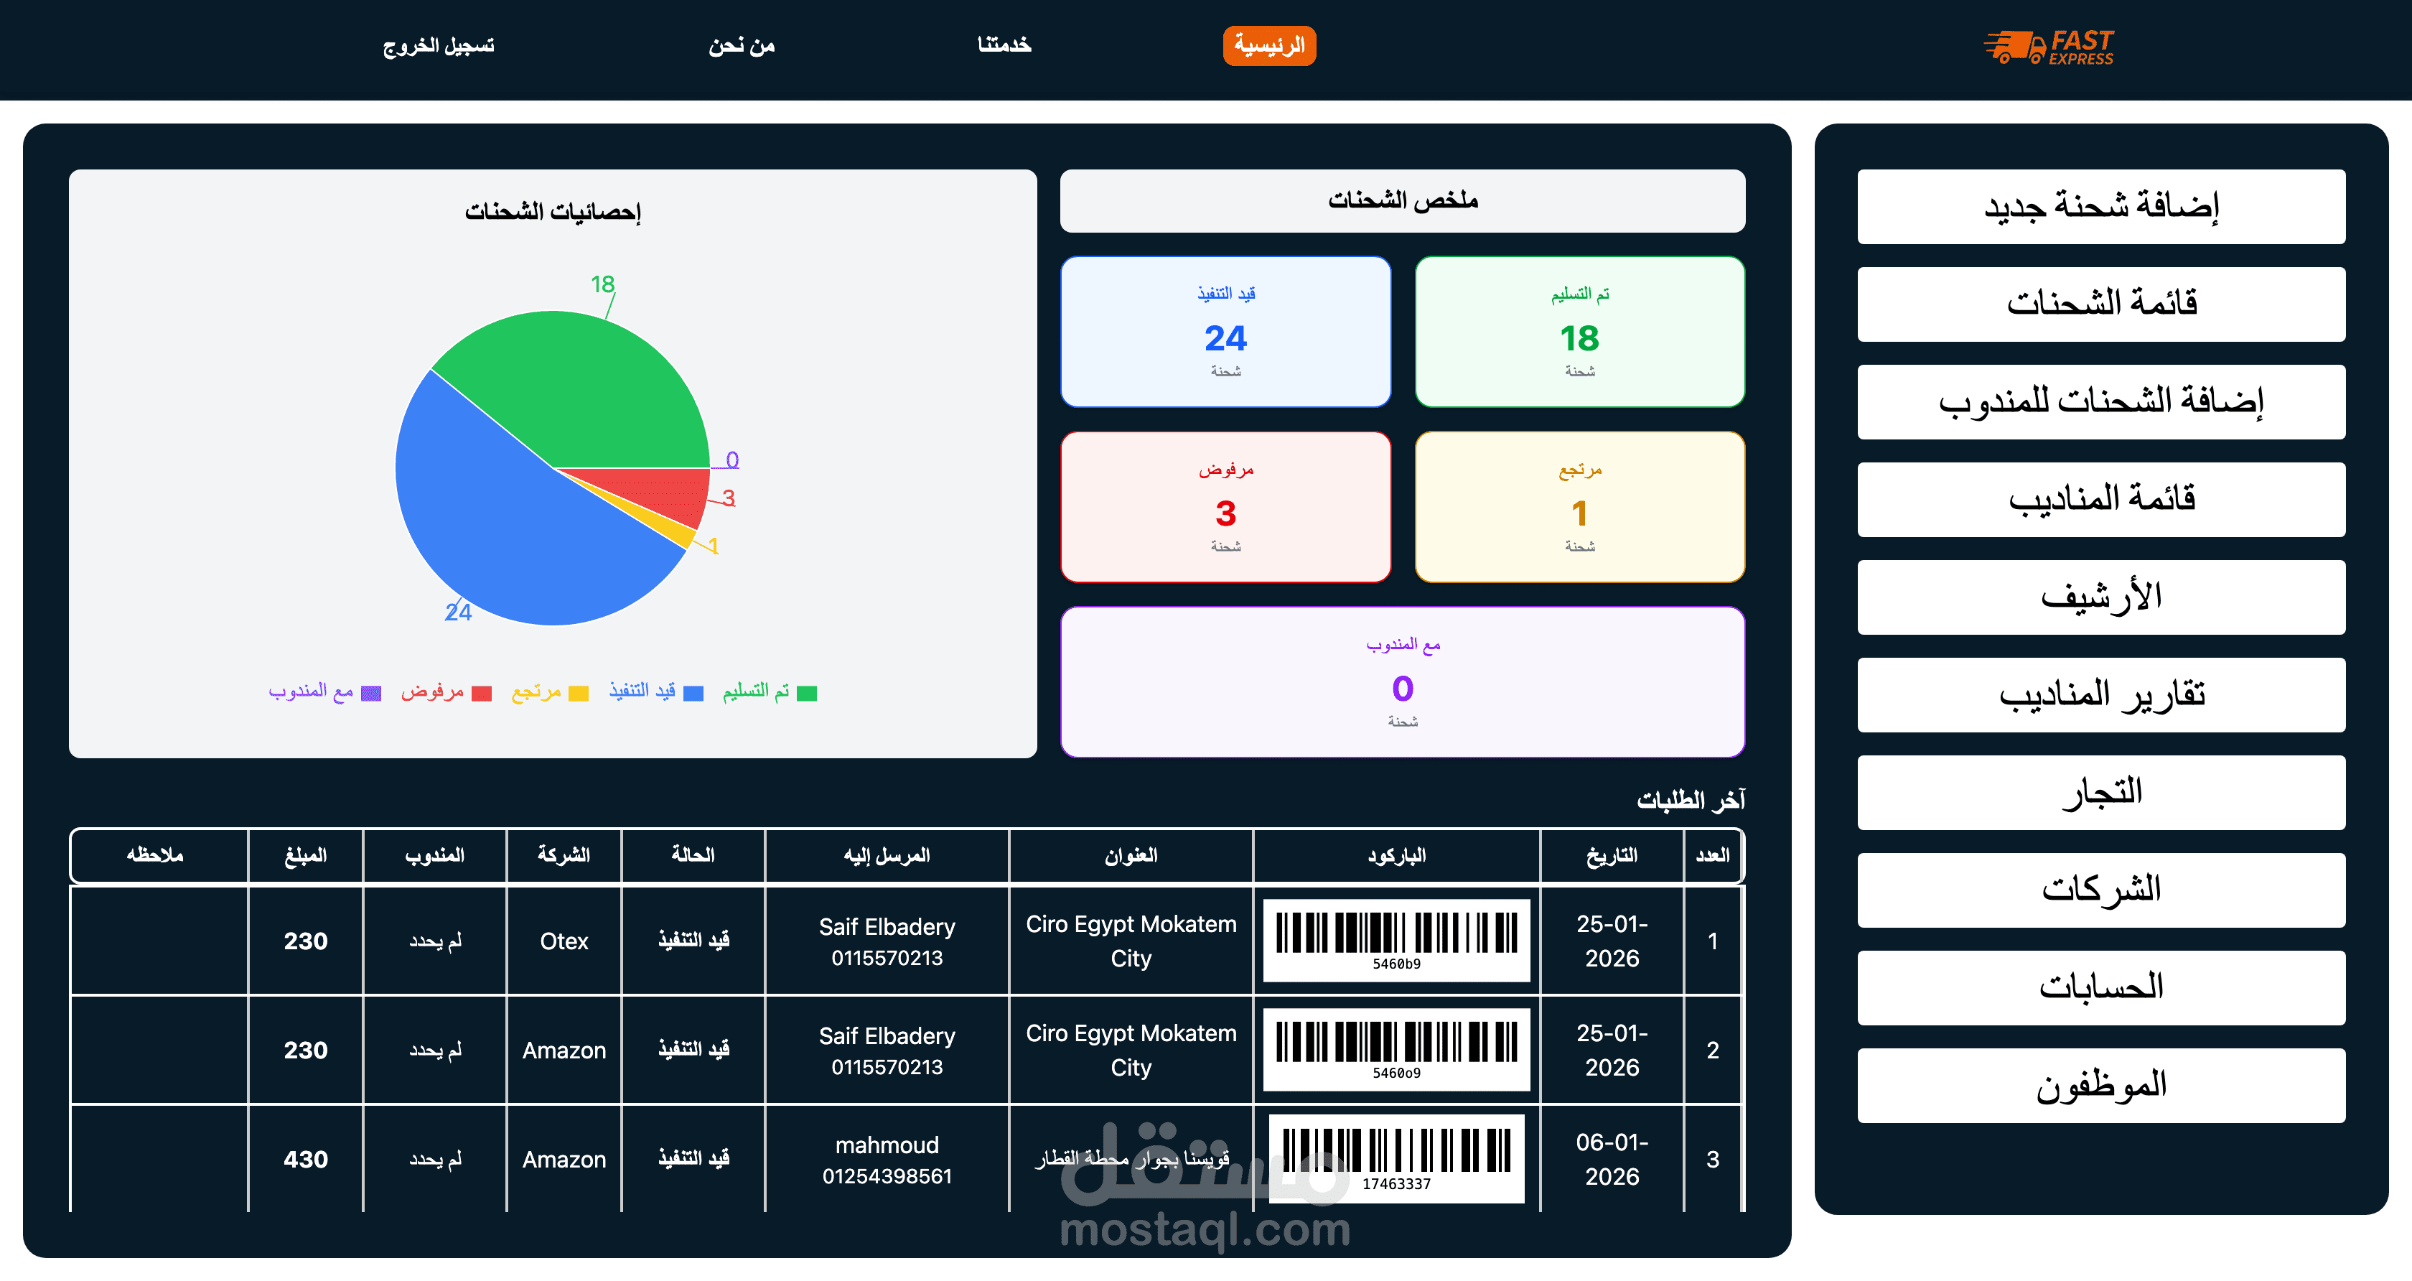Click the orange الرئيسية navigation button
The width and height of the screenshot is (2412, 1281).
click(x=1268, y=46)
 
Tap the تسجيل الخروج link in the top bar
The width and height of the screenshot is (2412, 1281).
click(x=438, y=46)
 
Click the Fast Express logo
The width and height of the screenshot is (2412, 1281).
click(x=2049, y=46)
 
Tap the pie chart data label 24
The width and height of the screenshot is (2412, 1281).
click(x=458, y=612)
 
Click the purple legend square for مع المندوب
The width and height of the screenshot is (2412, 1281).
click(x=372, y=694)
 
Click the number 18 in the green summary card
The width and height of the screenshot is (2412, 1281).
click(x=1579, y=338)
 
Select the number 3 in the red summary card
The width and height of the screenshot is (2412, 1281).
click(x=1225, y=513)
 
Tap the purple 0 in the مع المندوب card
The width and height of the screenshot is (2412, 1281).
click(x=1403, y=689)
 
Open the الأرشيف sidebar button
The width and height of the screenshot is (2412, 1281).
click(x=2101, y=597)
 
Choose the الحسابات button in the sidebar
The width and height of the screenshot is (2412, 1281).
click(x=2101, y=988)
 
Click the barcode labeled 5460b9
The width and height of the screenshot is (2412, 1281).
click(x=1396, y=940)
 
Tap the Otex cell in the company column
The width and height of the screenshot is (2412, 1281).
click(x=564, y=941)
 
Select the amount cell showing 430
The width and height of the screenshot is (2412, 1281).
click(x=305, y=1159)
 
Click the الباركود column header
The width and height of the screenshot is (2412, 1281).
click(x=1396, y=856)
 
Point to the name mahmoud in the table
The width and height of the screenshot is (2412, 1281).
click(x=887, y=1145)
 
